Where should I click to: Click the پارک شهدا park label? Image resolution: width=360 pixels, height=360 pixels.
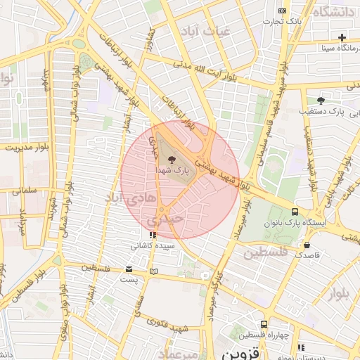pyautogui.click(x=172, y=171)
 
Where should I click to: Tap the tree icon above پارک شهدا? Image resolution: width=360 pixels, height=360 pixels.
pyautogui.click(x=172, y=160)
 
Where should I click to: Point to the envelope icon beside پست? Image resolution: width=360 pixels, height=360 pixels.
pyautogui.click(x=128, y=269)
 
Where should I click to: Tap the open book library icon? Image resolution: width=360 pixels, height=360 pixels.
pyautogui.click(x=154, y=271)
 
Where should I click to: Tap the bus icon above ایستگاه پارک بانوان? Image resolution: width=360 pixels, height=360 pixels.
pyautogui.click(x=295, y=212)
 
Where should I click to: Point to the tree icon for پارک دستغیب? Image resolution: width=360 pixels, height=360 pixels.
pyautogui.click(x=321, y=101)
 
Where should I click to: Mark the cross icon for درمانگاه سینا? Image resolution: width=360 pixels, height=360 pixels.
pyautogui.click(x=342, y=37)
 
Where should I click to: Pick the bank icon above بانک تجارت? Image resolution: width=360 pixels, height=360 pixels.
pyautogui.click(x=282, y=11)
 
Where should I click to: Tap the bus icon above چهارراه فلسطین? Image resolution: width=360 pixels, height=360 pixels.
pyautogui.click(x=264, y=324)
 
